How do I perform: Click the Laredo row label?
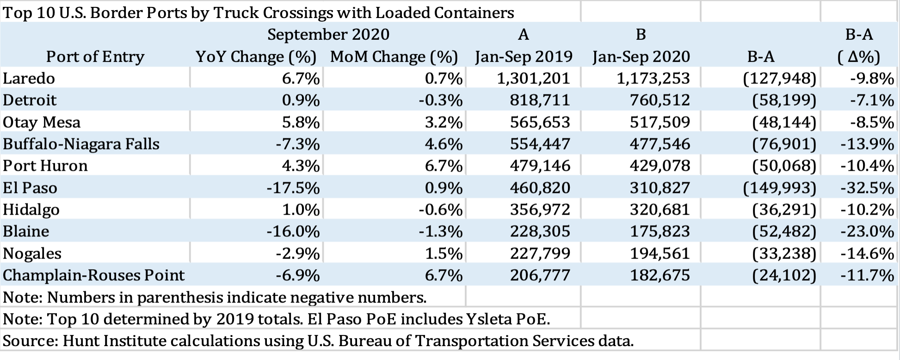point(29,78)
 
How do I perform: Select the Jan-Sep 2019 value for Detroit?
point(540,100)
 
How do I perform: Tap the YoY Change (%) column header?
point(256,57)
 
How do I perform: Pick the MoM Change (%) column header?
point(394,57)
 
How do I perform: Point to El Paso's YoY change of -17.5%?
point(293,188)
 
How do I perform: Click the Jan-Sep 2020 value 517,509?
point(660,122)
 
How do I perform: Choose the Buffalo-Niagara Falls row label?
point(81,144)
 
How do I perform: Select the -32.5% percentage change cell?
point(867,188)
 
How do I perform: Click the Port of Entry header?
point(95,57)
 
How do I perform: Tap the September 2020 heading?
point(328,35)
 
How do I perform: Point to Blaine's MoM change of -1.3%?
point(440,231)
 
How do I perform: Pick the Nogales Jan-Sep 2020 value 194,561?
point(660,254)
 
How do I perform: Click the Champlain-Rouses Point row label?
point(93,275)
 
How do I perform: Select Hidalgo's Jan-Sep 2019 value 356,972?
point(540,210)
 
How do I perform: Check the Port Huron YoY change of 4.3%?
point(301,166)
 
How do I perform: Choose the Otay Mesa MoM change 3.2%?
point(444,122)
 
